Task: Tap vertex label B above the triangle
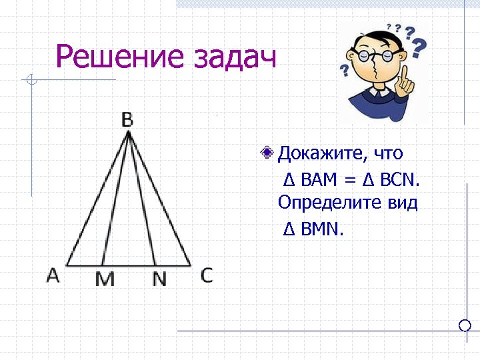(x=127, y=120)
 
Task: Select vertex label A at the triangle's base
(x=53, y=275)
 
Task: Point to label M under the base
(x=105, y=279)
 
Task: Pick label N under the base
(x=159, y=279)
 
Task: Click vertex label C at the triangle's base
(x=207, y=275)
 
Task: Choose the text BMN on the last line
(x=321, y=229)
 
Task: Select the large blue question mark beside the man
(x=419, y=47)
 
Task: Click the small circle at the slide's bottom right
(x=465, y=325)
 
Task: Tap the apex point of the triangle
(x=128, y=132)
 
